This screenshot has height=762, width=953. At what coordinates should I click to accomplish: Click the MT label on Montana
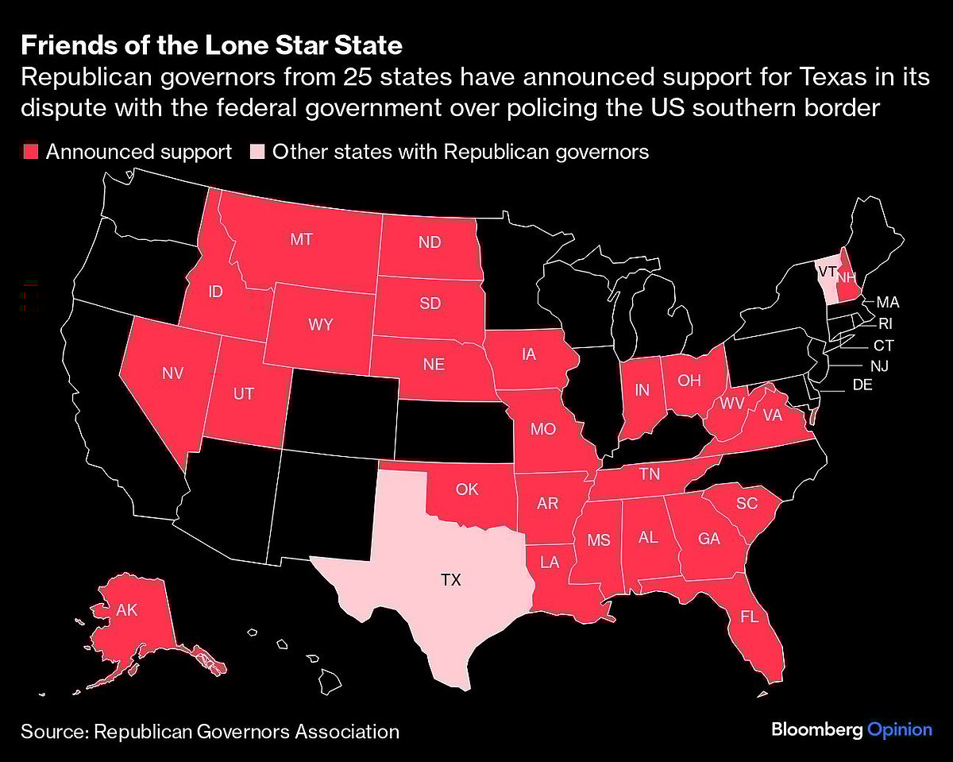301,239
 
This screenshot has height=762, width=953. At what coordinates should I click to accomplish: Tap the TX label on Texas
450,580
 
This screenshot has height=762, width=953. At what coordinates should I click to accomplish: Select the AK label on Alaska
127,610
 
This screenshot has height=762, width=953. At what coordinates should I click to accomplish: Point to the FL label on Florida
748,617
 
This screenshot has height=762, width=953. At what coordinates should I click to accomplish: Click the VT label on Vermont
827,271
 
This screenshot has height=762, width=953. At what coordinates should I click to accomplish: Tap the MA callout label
888,302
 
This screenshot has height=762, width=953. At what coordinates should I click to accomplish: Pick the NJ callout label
878,366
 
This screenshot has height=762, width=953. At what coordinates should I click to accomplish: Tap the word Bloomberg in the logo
816,729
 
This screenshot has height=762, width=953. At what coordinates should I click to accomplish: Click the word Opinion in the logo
899,729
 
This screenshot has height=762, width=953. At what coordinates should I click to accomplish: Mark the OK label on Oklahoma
468,489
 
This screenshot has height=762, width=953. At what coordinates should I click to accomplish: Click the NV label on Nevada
172,373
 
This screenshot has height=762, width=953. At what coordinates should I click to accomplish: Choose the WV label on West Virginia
732,403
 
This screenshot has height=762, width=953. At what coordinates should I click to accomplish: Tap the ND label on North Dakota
429,242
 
